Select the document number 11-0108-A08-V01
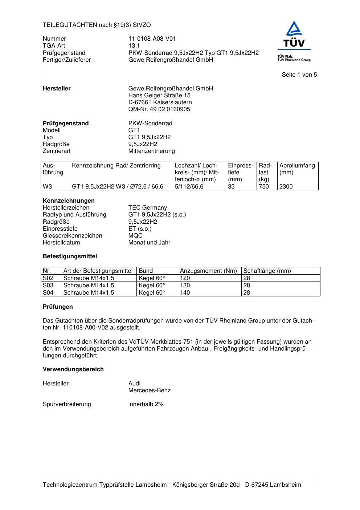(152, 39)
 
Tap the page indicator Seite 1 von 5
(299, 75)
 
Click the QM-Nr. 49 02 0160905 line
(159, 109)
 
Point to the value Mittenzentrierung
(151, 151)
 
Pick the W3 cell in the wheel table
(47, 187)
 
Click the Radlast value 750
(264, 187)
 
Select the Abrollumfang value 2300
(286, 187)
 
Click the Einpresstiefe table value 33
(231, 187)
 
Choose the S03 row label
(48, 286)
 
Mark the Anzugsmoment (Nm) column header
(208, 271)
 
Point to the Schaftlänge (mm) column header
(267, 271)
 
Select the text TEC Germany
(147, 208)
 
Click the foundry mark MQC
(135, 236)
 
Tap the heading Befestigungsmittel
(70, 256)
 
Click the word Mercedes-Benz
(149, 390)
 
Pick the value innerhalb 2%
(146, 404)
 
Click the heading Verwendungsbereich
(73, 369)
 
